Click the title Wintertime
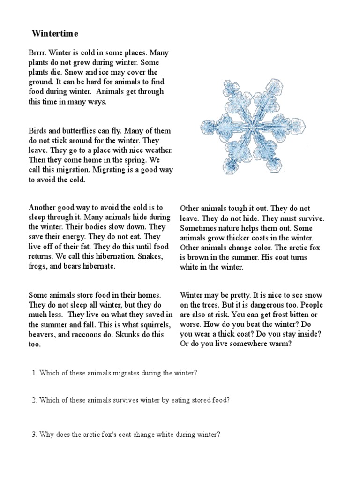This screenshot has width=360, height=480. [x=55, y=34]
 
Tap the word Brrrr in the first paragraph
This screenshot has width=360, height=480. [x=37, y=53]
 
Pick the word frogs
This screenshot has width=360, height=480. [x=38, y=266]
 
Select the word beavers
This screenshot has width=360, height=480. [x=42, y=335]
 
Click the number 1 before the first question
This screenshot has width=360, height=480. [x=34, y=373]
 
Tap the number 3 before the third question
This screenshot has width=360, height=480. [x=34, y=435]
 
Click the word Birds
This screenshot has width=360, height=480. [x=37, y=131]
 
